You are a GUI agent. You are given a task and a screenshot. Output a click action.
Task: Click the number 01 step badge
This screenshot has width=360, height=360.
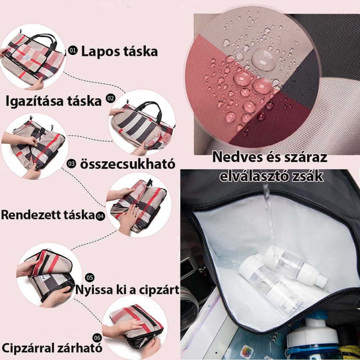(x=73, y=50)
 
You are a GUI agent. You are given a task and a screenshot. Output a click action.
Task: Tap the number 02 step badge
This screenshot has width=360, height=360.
(x=111, y=98)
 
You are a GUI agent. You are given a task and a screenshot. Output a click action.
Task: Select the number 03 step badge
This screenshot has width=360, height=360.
(x=71, y=164)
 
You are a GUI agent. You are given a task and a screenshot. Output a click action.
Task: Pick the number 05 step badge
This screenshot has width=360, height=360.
(x=90, y=278)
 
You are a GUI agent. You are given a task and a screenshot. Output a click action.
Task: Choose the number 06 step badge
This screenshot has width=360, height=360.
(x=97, y=338)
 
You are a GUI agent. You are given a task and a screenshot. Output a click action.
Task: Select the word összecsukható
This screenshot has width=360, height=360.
(x=128, y=164)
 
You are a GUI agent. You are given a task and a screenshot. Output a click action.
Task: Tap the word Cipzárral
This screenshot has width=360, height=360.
(x=28, y=348)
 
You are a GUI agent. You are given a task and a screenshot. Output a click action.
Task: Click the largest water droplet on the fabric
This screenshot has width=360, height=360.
(x=264, y=59)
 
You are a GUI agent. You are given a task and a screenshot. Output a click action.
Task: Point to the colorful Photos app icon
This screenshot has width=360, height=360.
(x=247, y=351)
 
